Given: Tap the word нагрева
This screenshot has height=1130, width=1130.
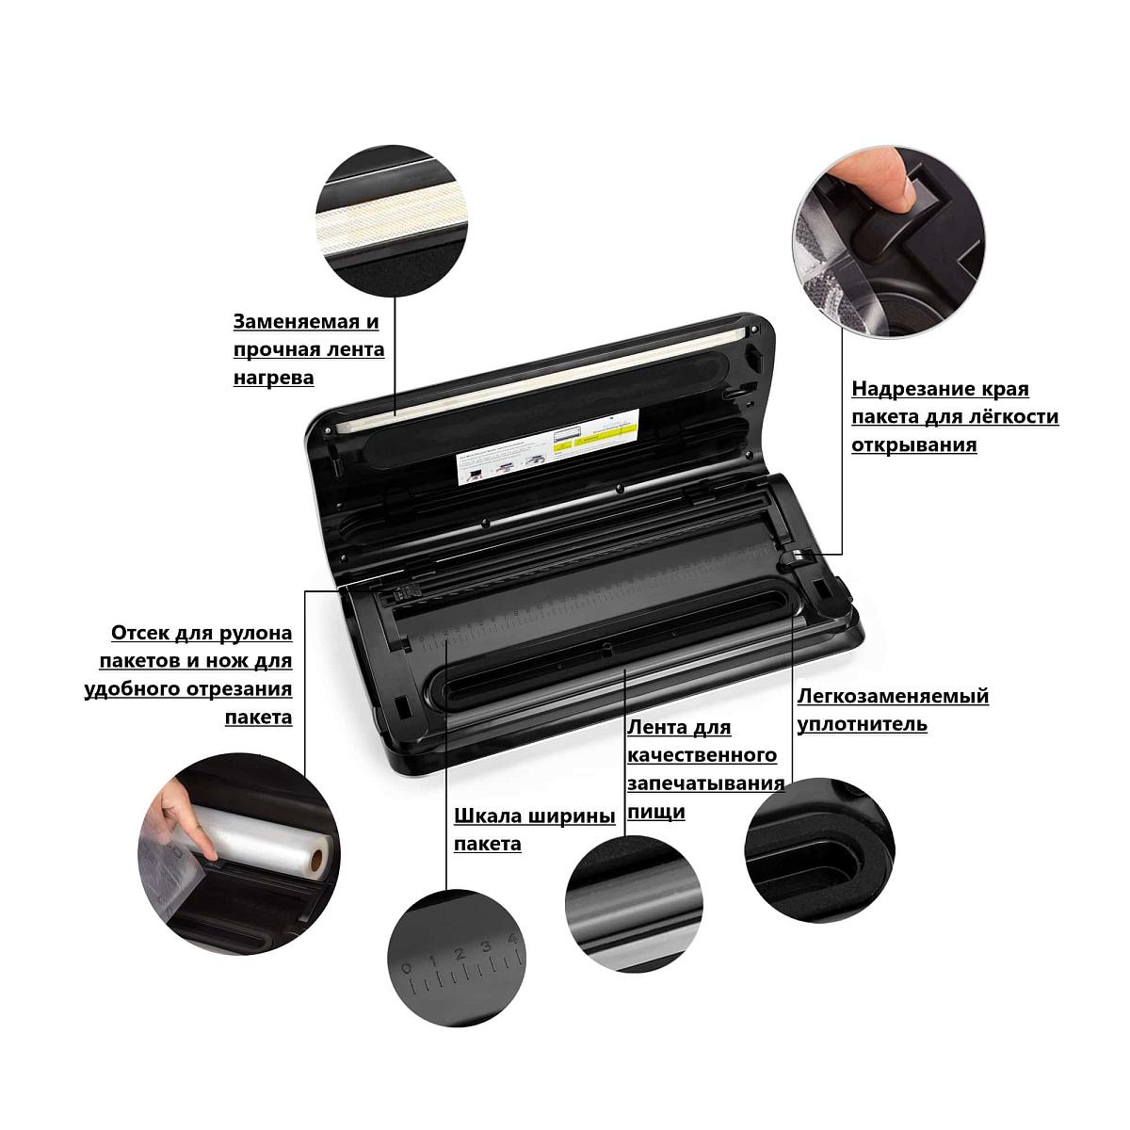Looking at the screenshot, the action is [274, 378].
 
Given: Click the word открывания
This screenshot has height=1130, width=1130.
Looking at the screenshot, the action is [914, 445].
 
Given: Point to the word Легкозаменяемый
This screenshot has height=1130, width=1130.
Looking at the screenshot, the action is [893, 697].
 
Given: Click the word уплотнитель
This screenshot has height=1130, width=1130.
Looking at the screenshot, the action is [862, 725].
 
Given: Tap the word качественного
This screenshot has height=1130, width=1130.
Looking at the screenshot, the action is [702, 755].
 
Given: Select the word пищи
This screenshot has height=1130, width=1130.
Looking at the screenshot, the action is [656, 812].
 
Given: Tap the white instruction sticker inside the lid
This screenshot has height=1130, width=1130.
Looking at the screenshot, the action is [547, 446].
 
